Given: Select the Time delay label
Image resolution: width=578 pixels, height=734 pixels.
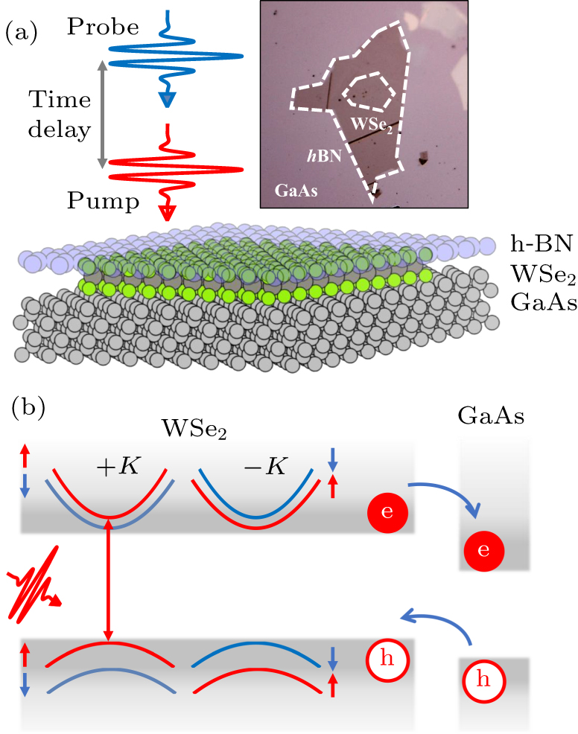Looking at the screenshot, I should (60, 115).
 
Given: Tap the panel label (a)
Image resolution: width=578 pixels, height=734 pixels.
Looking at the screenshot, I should (22, 33).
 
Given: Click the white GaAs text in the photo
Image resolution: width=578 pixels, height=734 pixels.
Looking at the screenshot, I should (296, 190).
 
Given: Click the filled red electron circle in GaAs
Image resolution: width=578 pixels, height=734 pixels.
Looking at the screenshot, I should (484, 550).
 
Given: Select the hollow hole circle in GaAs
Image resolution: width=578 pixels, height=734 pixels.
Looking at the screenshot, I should (484, 680).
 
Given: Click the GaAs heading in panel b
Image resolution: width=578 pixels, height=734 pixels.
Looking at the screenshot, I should (493, 418).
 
